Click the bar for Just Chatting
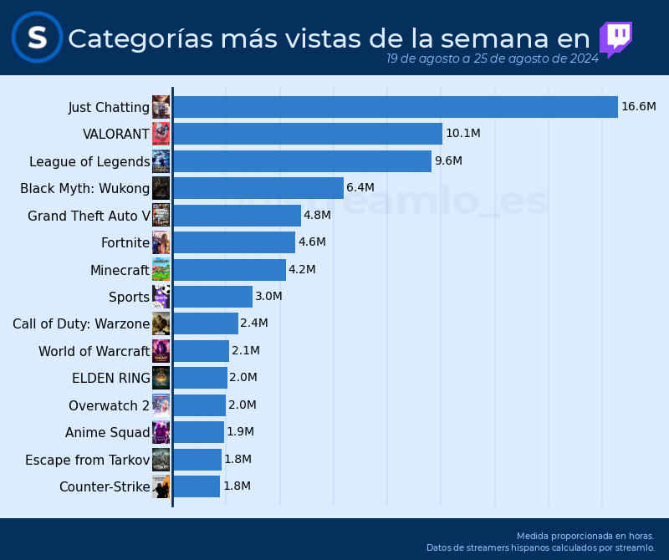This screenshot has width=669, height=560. tap(395, 107)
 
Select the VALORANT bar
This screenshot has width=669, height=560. tap(307, 134)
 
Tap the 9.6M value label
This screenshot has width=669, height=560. tap(448, 160)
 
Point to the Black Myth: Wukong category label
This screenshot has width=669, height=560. tap(84, 188)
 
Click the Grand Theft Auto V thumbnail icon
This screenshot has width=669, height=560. tap(161, 215)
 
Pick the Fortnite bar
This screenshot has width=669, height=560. tap(233, 242)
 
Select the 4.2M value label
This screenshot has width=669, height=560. tap(302, 269)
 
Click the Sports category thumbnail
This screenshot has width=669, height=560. tap(161, 297)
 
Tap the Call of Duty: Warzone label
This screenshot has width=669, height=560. tap(81, 323)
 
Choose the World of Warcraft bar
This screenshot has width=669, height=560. tap(201, 351)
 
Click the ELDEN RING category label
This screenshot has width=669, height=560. tap(111, 378)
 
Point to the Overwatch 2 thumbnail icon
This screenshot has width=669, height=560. tap(161, 405)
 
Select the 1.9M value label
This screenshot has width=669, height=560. tap(240, 432)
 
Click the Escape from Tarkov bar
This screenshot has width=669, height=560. tap(197, 460)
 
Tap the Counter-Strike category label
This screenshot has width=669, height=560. tap(105, 486)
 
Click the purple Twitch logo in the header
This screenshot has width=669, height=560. tap(615, 38)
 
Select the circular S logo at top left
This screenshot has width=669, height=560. tap(37, 38)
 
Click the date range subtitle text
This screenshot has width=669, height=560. tap(492, 59)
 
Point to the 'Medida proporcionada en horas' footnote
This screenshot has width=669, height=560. tap(585, 536)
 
